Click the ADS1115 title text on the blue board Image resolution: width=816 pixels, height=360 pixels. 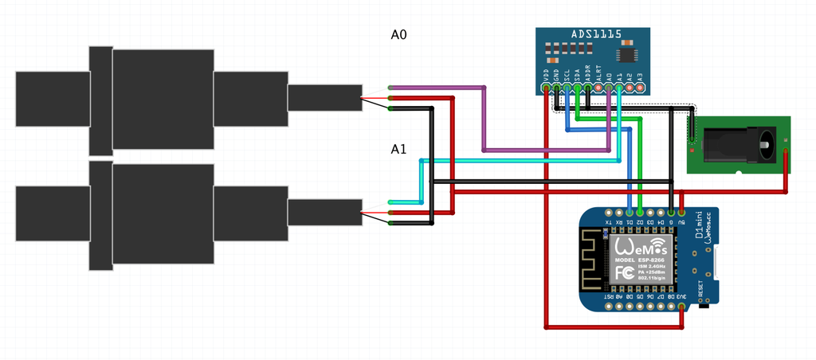[x=596, y=36]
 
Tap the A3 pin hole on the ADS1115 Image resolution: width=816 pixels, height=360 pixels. [x=639, y=87]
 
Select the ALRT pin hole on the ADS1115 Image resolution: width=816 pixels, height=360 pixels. [x=598, y=87]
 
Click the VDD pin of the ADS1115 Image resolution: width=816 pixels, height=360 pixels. [x=546, y=87]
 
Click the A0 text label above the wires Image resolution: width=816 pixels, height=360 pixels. [x=399, y=35]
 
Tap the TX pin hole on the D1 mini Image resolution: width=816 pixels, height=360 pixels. [x=609, y=213]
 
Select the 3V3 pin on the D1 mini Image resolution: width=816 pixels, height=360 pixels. [x=682, y=307]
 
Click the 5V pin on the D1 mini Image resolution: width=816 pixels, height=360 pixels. [x=682, y=213]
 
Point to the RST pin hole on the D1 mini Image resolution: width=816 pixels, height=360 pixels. [x=609, y=307]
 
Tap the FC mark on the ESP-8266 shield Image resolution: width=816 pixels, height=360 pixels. [x=624, y=272]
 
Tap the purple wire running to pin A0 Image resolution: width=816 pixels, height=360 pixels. [x=484, y=119]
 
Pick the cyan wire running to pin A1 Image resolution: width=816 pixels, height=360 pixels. [x=518, y=161]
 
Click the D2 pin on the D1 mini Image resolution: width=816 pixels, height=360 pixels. [x=640, y=213]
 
